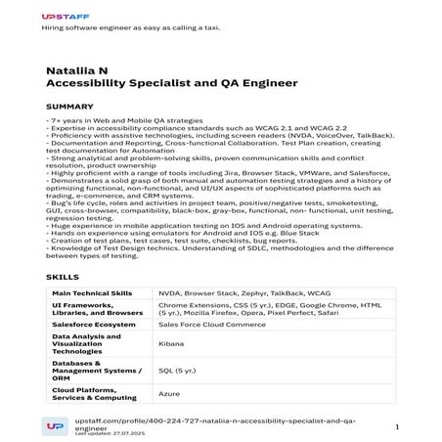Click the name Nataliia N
tap(77, 71)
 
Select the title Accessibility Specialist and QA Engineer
tap(171, 84)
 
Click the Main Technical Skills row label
tap(92, 292)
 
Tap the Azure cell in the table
tap(169, 393)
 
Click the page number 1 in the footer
tap(397, 426)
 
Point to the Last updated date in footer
tap(109, 433)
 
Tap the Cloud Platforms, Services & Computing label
tap(94, 393)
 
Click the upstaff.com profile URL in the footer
tap(215, 421)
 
